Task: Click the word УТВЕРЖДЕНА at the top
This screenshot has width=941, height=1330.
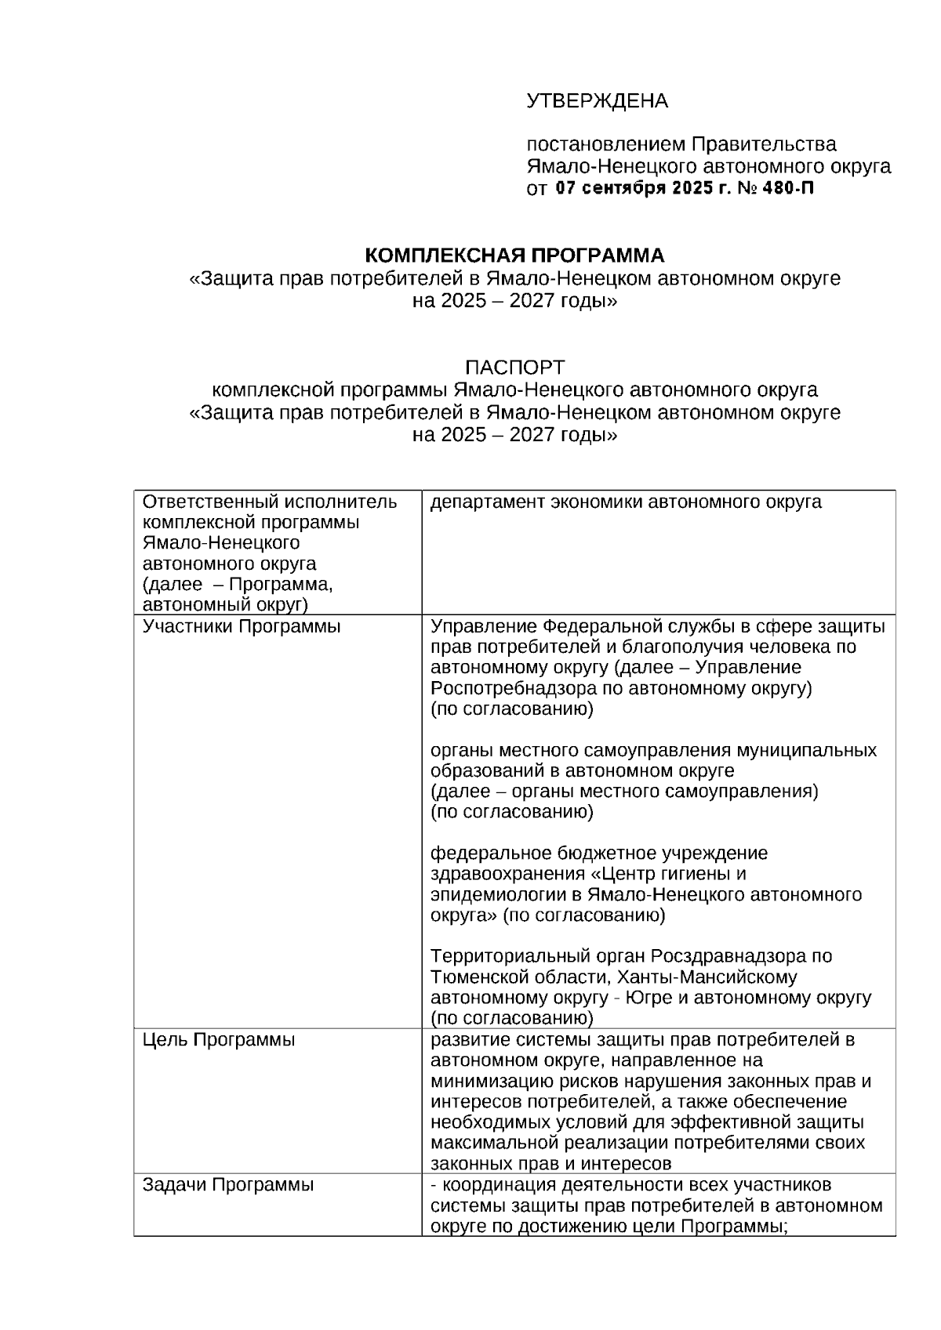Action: [x=597, y=101]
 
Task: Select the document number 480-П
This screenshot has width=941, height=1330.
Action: [x=787, y=189]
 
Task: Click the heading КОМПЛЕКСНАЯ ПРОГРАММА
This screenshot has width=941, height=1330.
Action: [x=514, y=255]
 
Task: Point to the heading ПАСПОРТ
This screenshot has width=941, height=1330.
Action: [x=514, y=367]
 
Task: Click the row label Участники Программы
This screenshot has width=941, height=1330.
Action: [x=242, y=626]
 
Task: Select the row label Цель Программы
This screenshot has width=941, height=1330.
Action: [x=219, y=1040]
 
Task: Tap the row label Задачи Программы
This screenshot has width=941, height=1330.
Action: [x=228, y=1184]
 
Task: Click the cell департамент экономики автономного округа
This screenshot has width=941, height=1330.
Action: [x=626, y=502]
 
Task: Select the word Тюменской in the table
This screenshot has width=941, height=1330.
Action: [x=479, y=977]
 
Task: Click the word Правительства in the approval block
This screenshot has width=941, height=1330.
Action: [x=763, y=144]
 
